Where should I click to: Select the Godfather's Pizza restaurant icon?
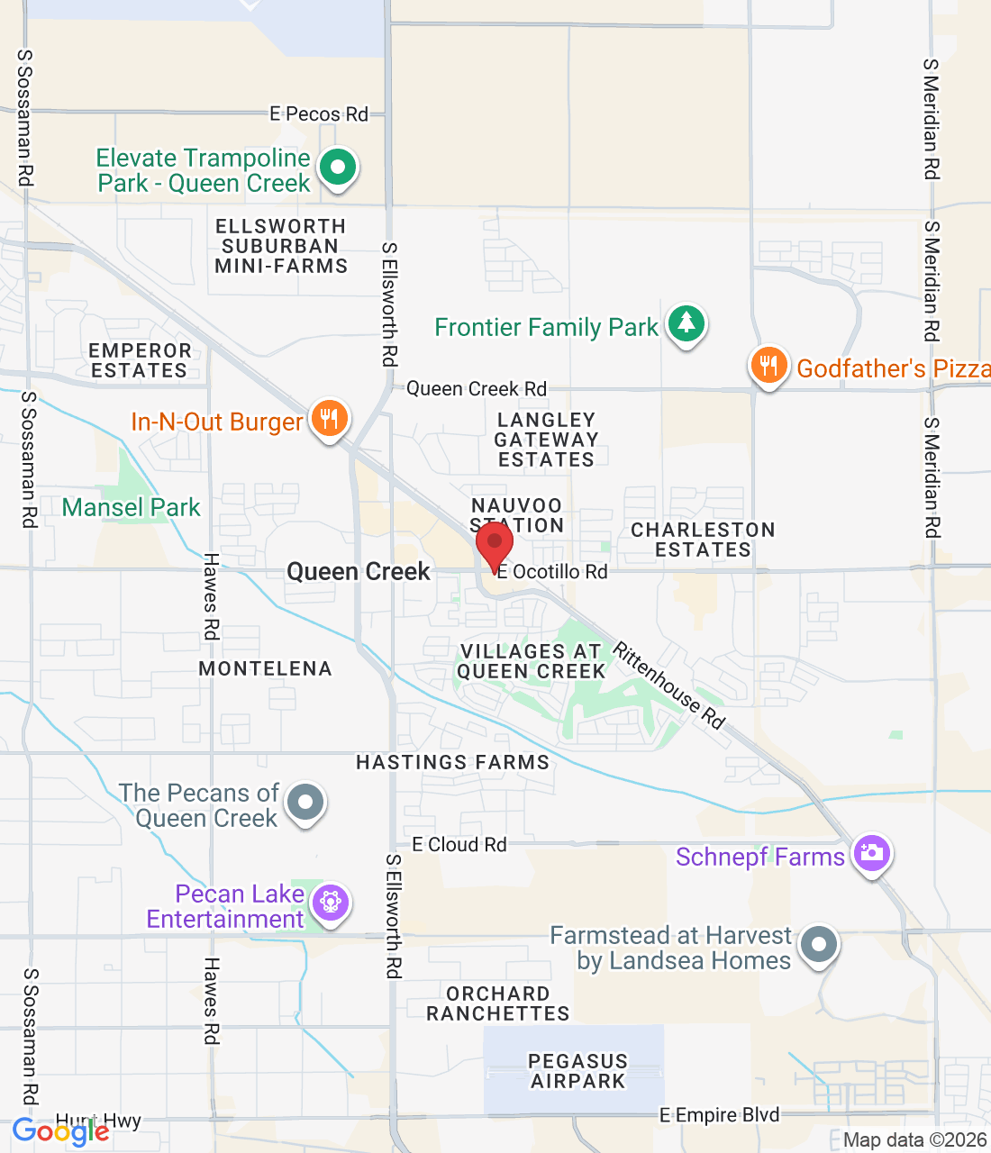coord(768,367)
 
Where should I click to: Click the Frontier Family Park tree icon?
coord(686,324)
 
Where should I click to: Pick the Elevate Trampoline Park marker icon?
coord(338,168)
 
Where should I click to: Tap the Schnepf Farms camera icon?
coord(871,853)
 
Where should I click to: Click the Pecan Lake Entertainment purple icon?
coord(330,902)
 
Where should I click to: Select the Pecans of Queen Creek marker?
coord(305,802)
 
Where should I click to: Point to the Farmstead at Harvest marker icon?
coord(819,946)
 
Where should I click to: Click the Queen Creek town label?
coord(359,572)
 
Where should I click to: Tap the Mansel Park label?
coord(132,508)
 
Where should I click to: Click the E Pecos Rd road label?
coord(319,114)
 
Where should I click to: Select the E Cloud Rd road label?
coord(459,845)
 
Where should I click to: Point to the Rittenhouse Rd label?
coord(669,685)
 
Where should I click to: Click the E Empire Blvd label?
coord(719,1115)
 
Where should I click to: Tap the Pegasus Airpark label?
coord(577,1071)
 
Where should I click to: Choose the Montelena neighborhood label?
coord(265,668)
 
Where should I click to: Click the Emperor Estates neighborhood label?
coord(140,360)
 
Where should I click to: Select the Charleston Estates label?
coord(703,540)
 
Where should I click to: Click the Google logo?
coord(61,1131)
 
